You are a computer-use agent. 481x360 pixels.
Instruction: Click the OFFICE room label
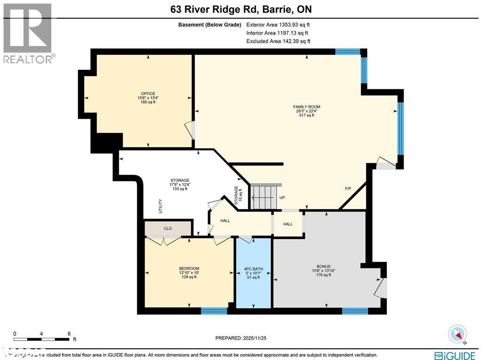pyautogui.click(x=148, y=94)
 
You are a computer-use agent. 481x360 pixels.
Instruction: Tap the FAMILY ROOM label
pyautogui.click(x=307, y=107)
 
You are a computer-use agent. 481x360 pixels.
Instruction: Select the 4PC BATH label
pyautogui.click(x=253, y=269)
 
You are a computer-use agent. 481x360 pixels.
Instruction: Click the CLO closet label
pyautogui.click(x=168, y=228)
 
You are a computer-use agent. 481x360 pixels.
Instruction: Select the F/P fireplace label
pyautogui.click(x=348, y=189)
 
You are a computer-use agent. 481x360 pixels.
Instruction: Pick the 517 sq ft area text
pyautogui.click(x=307, y=115)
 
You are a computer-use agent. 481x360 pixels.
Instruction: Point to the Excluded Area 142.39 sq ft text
pyautogui.click(x=278, y=41)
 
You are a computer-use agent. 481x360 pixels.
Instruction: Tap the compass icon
pyautogui.click(x=458, y=334)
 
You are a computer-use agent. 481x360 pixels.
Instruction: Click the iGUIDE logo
pyautogui.click(x=454, y=355)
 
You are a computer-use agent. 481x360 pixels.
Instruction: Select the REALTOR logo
pyautogui.click(x=28, y=33)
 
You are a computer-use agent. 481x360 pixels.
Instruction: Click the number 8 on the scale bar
pyautogui.click(x=70, y=333)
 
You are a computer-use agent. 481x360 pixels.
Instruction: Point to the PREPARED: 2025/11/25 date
pyautogui.click(x=244, y=338)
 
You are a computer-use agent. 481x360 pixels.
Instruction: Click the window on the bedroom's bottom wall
pyautogui.click(x=214, y=310)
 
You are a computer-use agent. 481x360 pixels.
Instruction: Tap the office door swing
pyautogui.click(x=189, y=130)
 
